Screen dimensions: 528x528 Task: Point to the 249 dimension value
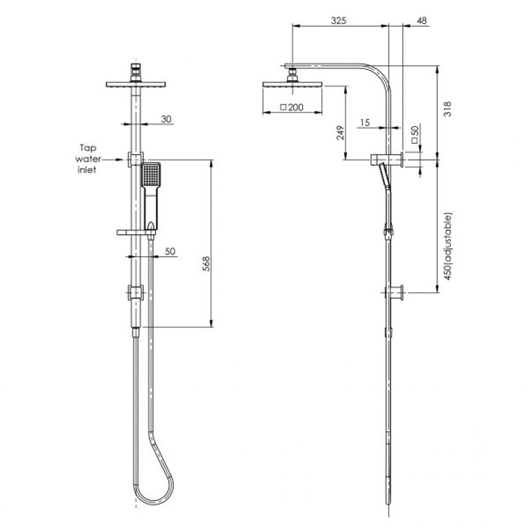(340, 132)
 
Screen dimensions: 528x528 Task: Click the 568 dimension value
(206, 264)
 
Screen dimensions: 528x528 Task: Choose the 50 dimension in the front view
(170, 251)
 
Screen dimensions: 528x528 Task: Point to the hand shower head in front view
(151, 175)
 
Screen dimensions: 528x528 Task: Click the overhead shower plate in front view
(135, 84)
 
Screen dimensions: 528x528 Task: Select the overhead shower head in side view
(292, 84)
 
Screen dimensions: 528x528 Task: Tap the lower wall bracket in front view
(135, 293)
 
